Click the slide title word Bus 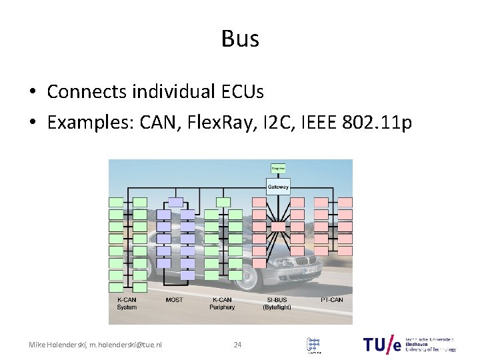[x=240, y=39]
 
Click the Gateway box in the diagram [x=278, y=187]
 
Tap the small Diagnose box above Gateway [x=278, y=168]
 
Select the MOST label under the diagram [x=174, y=300]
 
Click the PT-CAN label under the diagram [x=331, y=300]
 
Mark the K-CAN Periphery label [x=222, y=303]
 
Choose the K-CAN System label [x=127, y=303]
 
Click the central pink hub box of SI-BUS [x=278, y=227]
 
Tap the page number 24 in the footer [x=237, y=345]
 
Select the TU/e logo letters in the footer [x=383, y=344]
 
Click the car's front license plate [x=311, y=271]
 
